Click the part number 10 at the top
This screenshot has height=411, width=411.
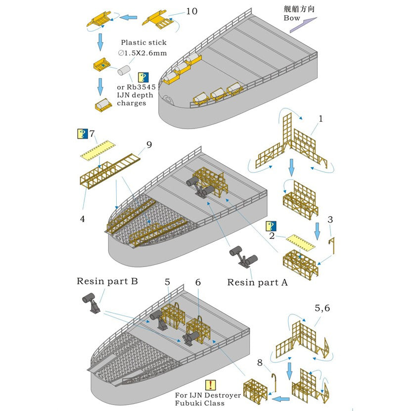pos(191,11)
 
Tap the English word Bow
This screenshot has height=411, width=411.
pos(292,18)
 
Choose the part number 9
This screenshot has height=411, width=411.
pos(149,145)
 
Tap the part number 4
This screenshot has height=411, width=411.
pos(82,218)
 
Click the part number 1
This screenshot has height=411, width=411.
pos(320,119)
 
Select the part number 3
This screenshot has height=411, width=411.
pos(330,219)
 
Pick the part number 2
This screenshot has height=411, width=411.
pos(272,235)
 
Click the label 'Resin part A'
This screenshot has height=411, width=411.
pos(257,282)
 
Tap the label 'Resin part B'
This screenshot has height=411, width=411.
pos(107,281)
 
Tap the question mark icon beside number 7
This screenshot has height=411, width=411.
pos(82,134)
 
